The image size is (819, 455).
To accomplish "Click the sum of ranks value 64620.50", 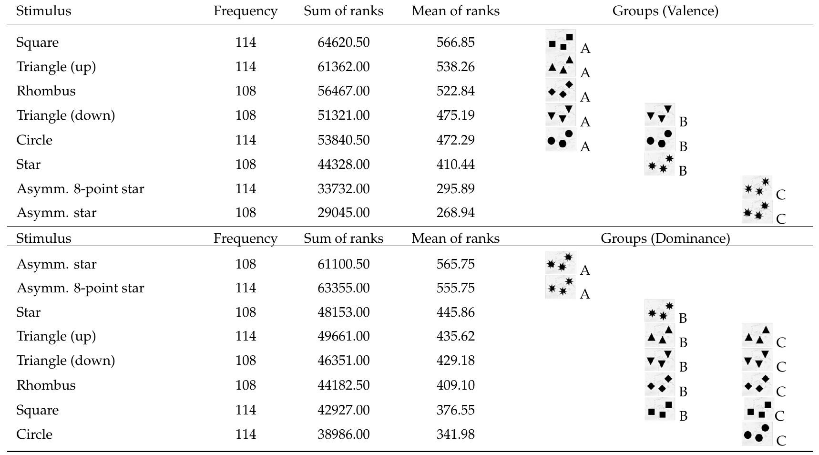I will (343, 42).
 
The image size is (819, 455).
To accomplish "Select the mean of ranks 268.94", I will (455, 213).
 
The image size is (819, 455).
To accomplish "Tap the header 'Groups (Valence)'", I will (665, 11).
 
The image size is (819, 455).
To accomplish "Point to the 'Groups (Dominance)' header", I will (665, 238).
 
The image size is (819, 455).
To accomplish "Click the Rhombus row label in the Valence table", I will (46, 91).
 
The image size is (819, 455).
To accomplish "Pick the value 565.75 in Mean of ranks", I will (455, 264).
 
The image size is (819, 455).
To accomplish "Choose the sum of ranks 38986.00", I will (343, 434).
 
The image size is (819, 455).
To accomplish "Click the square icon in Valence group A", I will (561, 41).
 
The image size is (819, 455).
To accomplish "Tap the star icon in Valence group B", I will (660, 164).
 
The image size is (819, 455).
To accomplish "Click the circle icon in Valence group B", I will (660, 139).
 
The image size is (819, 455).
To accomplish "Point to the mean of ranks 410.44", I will (455, 165).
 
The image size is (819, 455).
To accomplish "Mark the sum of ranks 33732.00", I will (343, 189).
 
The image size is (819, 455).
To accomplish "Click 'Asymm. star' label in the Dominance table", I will (56, 264).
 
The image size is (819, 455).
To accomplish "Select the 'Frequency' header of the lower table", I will (245, 238).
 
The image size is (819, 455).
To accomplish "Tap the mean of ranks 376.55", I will (455, 410).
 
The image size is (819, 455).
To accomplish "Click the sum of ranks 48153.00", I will (343, 312).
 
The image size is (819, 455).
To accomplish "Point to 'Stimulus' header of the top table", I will (43, 11).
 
